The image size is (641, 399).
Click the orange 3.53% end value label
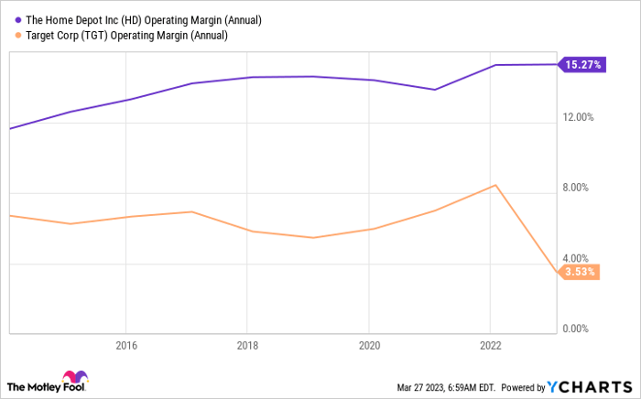pos(579,272)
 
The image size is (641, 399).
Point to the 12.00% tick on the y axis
pos(577,117)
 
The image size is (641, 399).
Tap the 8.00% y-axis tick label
pos(579,188)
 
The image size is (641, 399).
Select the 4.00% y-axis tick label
pos(579,258)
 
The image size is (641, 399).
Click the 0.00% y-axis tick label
pos(579,329)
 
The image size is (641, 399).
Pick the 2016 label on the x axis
pos(125,346)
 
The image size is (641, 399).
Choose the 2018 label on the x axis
pos(246,346)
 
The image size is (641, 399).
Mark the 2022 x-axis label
pos(490,346)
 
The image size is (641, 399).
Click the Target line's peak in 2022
pos(495,185)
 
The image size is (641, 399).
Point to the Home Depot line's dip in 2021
pos(434,90)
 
